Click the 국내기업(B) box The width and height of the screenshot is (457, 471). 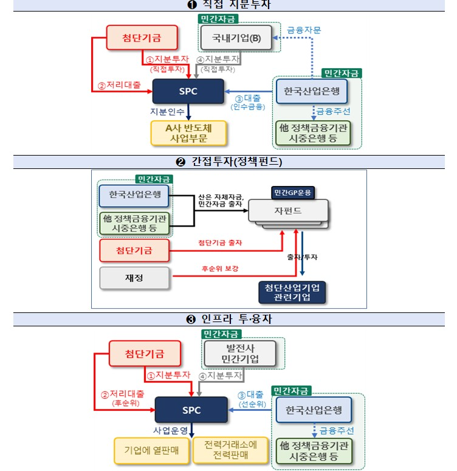tap(236, 39)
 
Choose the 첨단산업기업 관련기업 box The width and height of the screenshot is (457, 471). tap(292, 292)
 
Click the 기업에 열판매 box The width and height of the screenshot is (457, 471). tap(151, 450)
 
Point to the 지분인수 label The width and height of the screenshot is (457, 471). tap(167, 112)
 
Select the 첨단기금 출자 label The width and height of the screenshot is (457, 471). tap(219, 243)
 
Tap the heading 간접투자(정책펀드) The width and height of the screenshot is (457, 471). tap(228, 162)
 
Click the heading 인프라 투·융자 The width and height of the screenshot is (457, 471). tap(228, 319)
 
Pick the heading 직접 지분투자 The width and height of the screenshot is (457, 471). tap(228, 5)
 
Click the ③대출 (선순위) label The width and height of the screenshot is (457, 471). tap(251, 398)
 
